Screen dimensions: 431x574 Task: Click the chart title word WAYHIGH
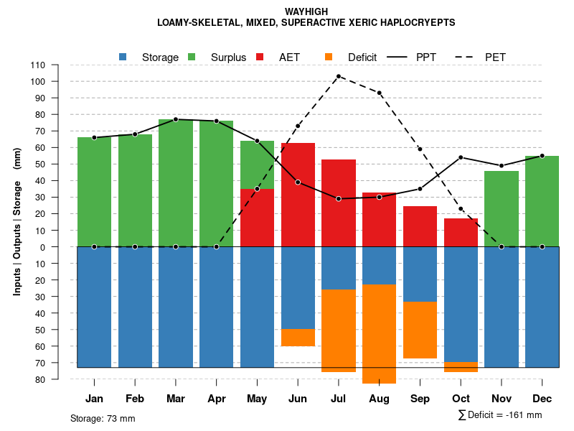pyautogui.click(x=306, y=12)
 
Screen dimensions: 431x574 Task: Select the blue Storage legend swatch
pyautogui.click(x=123, y=57)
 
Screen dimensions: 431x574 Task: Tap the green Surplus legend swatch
pyautogui.click(x=192, y=57)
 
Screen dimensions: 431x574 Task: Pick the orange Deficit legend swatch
pyautogui.click(x=329, y=57)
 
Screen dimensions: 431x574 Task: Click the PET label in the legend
pyautogui.click(x=495, y=57)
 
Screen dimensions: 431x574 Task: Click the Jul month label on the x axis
pyautogui.click(x=339, y=399)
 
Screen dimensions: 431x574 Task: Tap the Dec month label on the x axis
pyautogui.click(x=542, y=399)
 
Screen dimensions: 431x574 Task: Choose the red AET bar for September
pyautogui.click(x=420, y=226)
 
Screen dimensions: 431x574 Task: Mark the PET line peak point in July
pyautogui.click(x=339, y=76)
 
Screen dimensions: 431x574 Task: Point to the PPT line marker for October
pyautogui.click(x=461, y=157)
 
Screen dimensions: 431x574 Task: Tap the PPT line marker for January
pyautogui.click(x=94, y=137)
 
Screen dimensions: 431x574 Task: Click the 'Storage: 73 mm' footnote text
pyautogui.click(x=103, y=418)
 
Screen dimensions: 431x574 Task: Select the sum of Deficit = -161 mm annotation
pyautogui.click(x=500, y=414)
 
